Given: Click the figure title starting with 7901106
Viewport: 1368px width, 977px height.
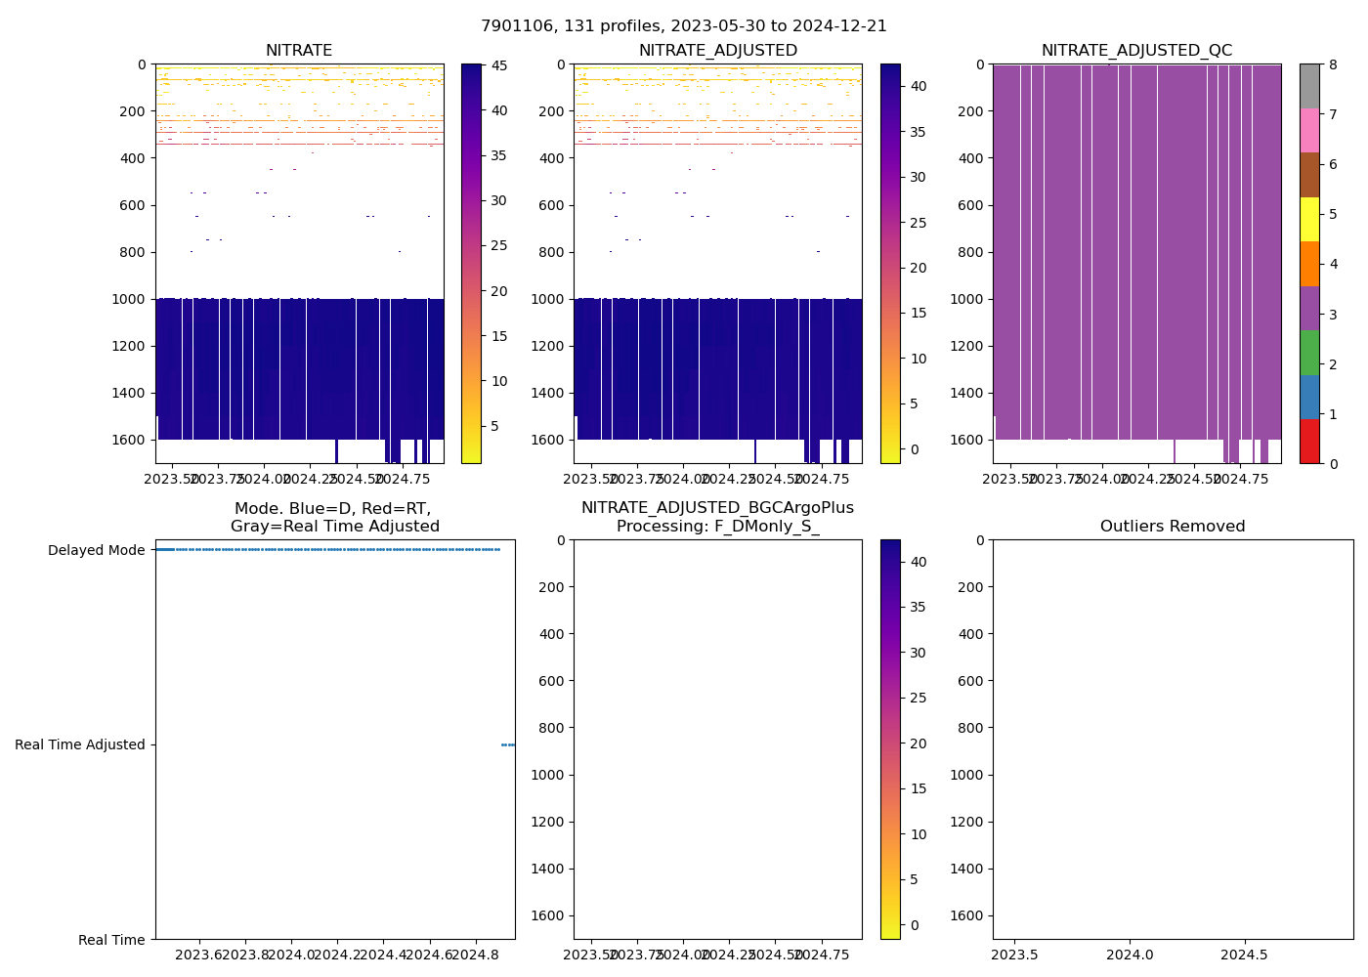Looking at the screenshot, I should [684, 26].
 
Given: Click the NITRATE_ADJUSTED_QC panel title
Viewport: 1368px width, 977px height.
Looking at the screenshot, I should [1136, 51].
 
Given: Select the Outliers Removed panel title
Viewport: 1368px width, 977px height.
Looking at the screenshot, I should [1173, 527].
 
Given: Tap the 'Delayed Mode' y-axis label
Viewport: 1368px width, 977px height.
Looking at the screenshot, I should [96, 550].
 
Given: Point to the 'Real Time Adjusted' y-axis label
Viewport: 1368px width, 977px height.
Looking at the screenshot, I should [79, 744].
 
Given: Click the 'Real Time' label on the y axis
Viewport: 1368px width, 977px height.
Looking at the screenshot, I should [111, 940].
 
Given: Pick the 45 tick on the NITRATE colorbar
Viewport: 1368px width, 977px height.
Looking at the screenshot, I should [499, 66].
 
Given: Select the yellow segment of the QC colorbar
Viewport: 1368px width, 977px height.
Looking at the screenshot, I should [1309, 220].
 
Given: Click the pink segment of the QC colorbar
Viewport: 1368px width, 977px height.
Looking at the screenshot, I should [1309, 131].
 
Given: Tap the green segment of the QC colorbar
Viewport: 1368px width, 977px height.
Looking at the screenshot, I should [1309, 353].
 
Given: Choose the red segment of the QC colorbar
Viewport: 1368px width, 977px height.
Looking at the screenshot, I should [1309, 442].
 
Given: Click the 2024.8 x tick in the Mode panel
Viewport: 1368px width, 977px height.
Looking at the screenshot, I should [476, 955].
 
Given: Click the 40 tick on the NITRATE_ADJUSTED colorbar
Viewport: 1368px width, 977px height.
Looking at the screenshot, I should [919, 86].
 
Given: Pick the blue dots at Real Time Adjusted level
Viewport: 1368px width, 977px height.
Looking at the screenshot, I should [508, 744].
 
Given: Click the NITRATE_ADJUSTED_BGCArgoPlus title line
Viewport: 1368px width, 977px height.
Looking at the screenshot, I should [717, 508].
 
